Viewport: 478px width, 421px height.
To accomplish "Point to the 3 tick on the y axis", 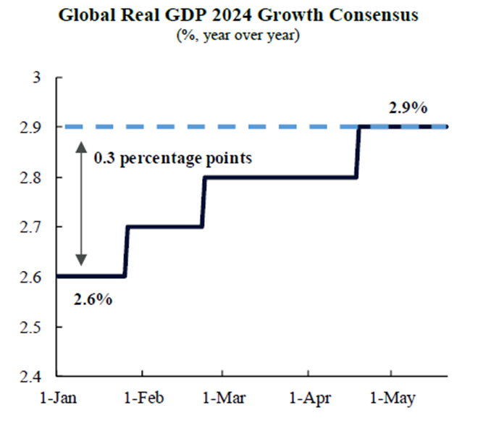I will pos(39,78).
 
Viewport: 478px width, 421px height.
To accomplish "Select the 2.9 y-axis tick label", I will pos(35,128).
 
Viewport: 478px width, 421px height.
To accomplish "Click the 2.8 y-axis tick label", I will pos(35,178).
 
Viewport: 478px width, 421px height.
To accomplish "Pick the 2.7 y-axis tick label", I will pos(35,228).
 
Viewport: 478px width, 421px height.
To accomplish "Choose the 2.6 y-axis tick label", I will pos(35,277).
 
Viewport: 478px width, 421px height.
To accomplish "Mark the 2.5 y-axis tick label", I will pos(35,327).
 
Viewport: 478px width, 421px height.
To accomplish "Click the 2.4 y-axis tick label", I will pos(35,377).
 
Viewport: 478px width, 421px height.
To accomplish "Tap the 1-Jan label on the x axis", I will pos(60,399).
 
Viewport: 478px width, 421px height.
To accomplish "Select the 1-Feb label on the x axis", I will pos(142,399).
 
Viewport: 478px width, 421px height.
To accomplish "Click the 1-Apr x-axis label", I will pos(309,399).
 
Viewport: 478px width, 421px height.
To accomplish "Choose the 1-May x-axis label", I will pos(391,399).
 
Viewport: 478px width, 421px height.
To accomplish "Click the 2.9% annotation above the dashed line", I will pos(408,109).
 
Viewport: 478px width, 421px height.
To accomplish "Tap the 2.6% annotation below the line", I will pos(93,299).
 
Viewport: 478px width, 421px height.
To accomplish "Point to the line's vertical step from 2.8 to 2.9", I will pos(358,152).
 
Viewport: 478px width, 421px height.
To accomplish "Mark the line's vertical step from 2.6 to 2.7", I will pos(126,251).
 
